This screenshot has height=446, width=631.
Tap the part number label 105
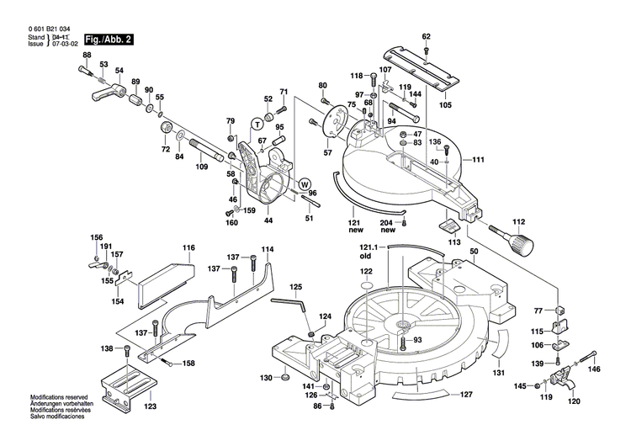pos(445,105)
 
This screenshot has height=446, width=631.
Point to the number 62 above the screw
pos(427,36)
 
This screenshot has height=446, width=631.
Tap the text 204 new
pos(387,226)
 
